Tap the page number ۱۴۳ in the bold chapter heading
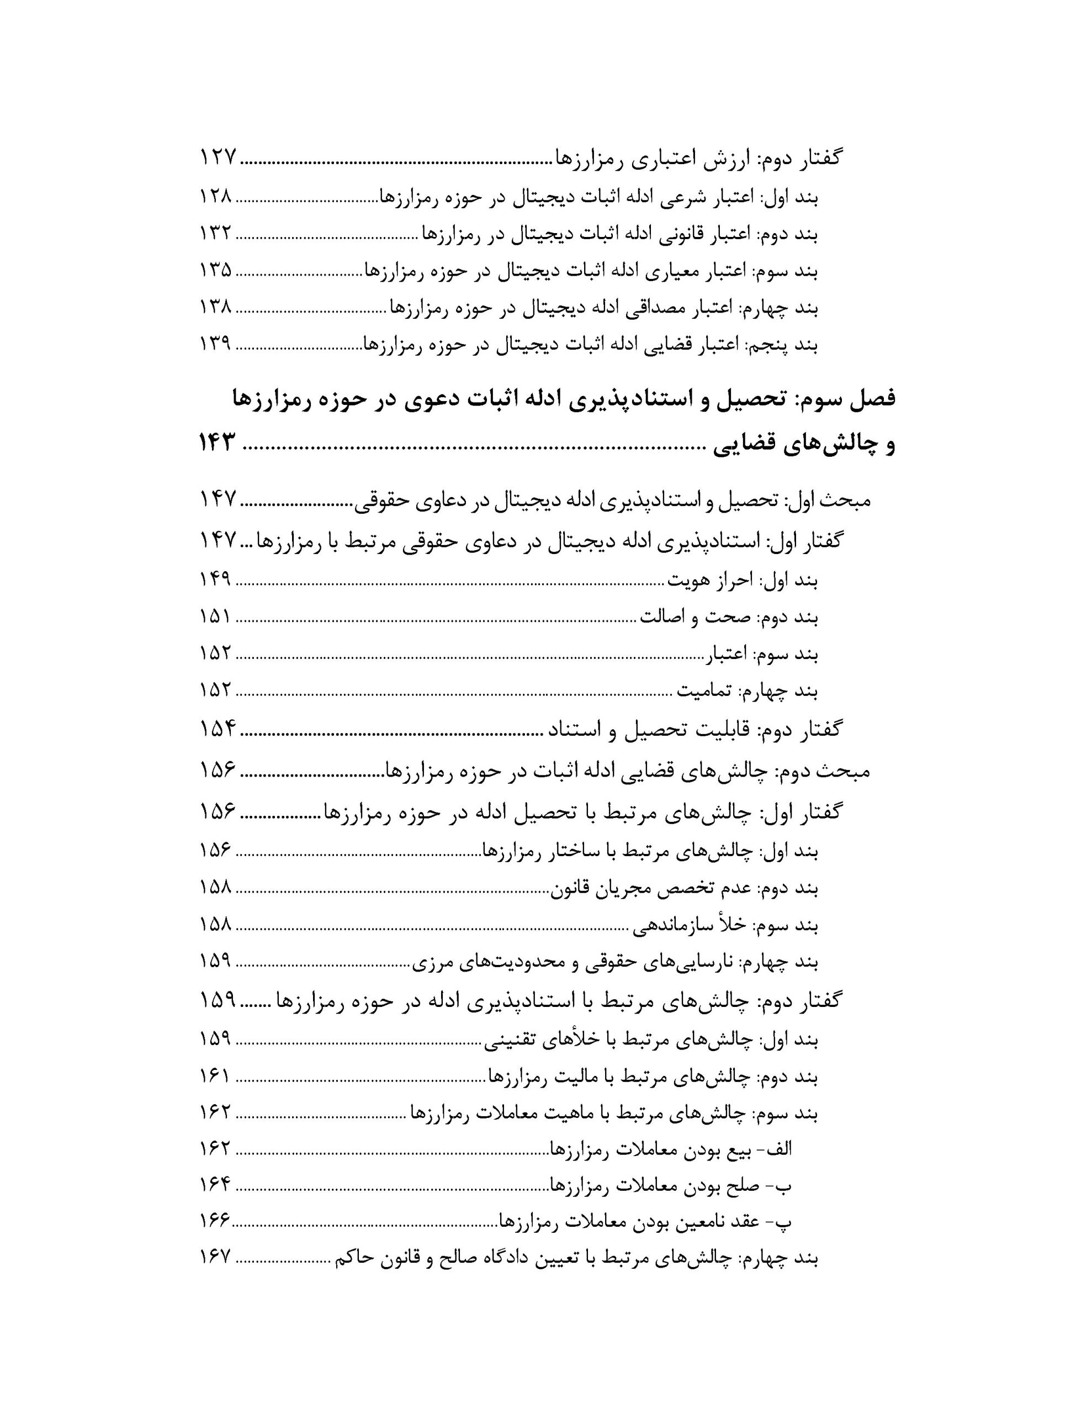click(216, 445)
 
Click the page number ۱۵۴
click(216, 730)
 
